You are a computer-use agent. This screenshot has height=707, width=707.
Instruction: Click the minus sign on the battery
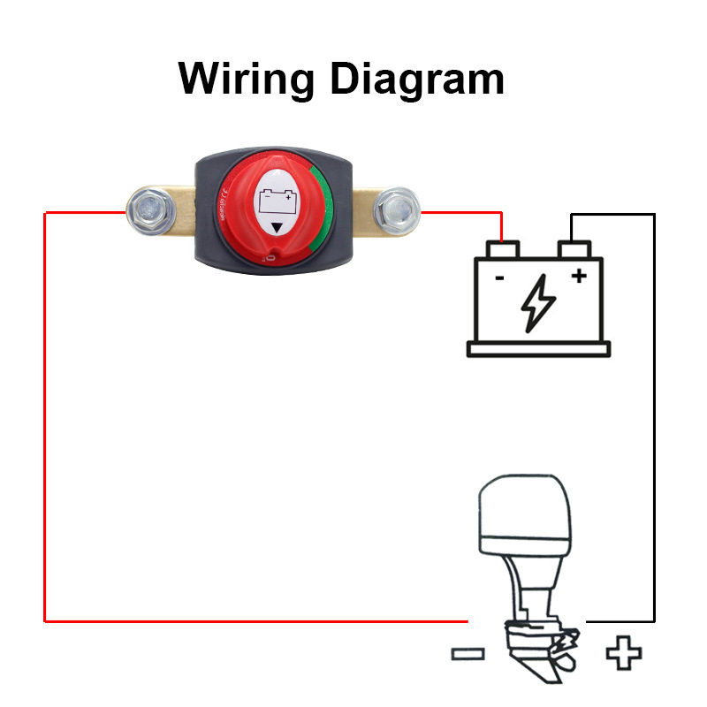499,277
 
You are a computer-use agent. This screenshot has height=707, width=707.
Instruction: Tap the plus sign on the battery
579,276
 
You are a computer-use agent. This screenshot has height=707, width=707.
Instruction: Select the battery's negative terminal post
502,249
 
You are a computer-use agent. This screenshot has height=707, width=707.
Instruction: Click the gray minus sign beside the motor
468,654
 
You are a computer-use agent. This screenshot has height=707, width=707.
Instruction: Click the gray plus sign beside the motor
623,654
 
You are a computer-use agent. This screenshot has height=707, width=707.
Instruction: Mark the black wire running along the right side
654,415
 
